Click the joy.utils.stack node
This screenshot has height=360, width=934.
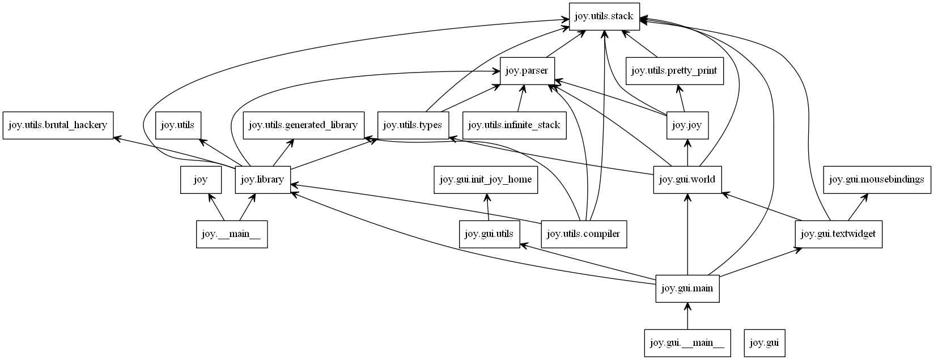coord(605,16)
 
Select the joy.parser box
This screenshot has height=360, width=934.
coord(527,71)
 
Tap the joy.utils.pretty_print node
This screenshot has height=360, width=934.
coord(674,71)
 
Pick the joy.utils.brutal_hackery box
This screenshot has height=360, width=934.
coord(58,125)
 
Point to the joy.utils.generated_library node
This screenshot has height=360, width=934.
coord(303,125)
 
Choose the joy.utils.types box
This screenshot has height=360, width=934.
coord(413,125)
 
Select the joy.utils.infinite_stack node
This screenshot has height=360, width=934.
coord(515,125)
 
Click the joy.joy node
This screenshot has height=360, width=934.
coord(687,125)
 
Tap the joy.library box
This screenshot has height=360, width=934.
coord(262,180)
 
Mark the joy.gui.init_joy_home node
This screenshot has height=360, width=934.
coord(486,180)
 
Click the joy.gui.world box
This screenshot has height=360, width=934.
coord(687,180)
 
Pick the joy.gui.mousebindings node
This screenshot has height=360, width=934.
coord(876,180)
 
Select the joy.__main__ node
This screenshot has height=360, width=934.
coord(231,234)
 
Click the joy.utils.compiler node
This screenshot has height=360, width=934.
coord(584,234)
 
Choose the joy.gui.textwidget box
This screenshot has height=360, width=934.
coord(838,234)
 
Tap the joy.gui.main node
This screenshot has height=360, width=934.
coord(687,289)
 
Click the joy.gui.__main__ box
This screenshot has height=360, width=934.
coord(687,343)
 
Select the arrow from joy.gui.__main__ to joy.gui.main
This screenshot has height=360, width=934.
coord(687,316)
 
